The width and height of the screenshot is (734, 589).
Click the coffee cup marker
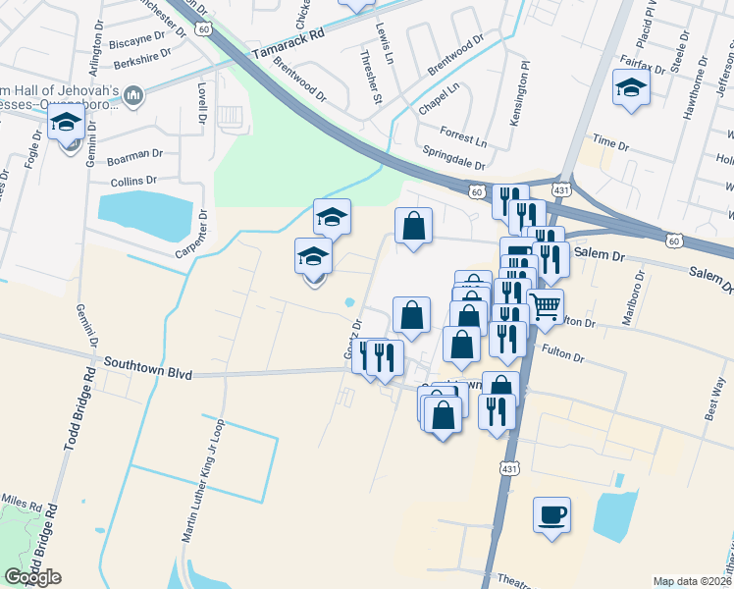tap(551, 513)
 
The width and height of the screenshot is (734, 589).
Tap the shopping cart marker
tap(546, 305)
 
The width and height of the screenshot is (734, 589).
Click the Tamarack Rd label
tap(287, 43)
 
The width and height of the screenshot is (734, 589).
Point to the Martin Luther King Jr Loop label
tap(204, 482)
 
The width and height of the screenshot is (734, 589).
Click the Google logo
tap(32, 577)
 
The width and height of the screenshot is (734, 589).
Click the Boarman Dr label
tap(133, 155)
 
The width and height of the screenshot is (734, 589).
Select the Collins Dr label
tap(133, 181)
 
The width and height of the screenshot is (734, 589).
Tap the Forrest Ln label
tap(462, 136)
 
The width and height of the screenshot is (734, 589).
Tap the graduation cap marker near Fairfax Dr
tap(630, 87)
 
